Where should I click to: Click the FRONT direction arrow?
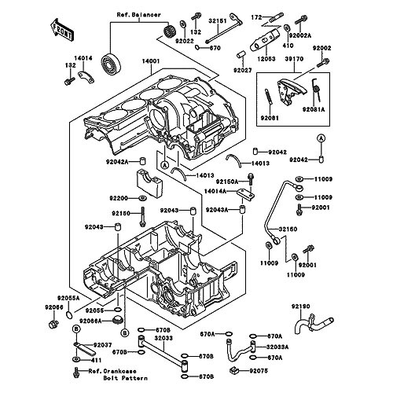tap(61, 30)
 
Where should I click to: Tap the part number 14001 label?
tap(151, 61)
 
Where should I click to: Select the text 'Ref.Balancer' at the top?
tap(138, 15)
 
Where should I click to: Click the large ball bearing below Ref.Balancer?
tap(111, 64)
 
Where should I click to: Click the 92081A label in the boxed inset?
tap(314, 109)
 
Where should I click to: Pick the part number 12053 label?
tap(266, 59)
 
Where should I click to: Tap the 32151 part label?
tap(218, 20)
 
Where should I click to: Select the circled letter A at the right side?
tap(321, 138)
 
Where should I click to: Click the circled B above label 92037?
tap(76, 329)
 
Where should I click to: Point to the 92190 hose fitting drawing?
tap(314, 323)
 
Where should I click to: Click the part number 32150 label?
tap(288, 230)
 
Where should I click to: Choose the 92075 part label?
tap(259, 371)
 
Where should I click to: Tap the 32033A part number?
tap(277, 347)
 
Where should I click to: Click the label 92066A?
tap(91, 321)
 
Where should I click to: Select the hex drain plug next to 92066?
tap(53, 324)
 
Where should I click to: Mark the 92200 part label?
tap(119, 198)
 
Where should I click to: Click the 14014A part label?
tap(215, 192)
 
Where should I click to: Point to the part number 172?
tap(256, 17)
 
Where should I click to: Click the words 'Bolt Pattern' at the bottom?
tap(125, 378)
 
